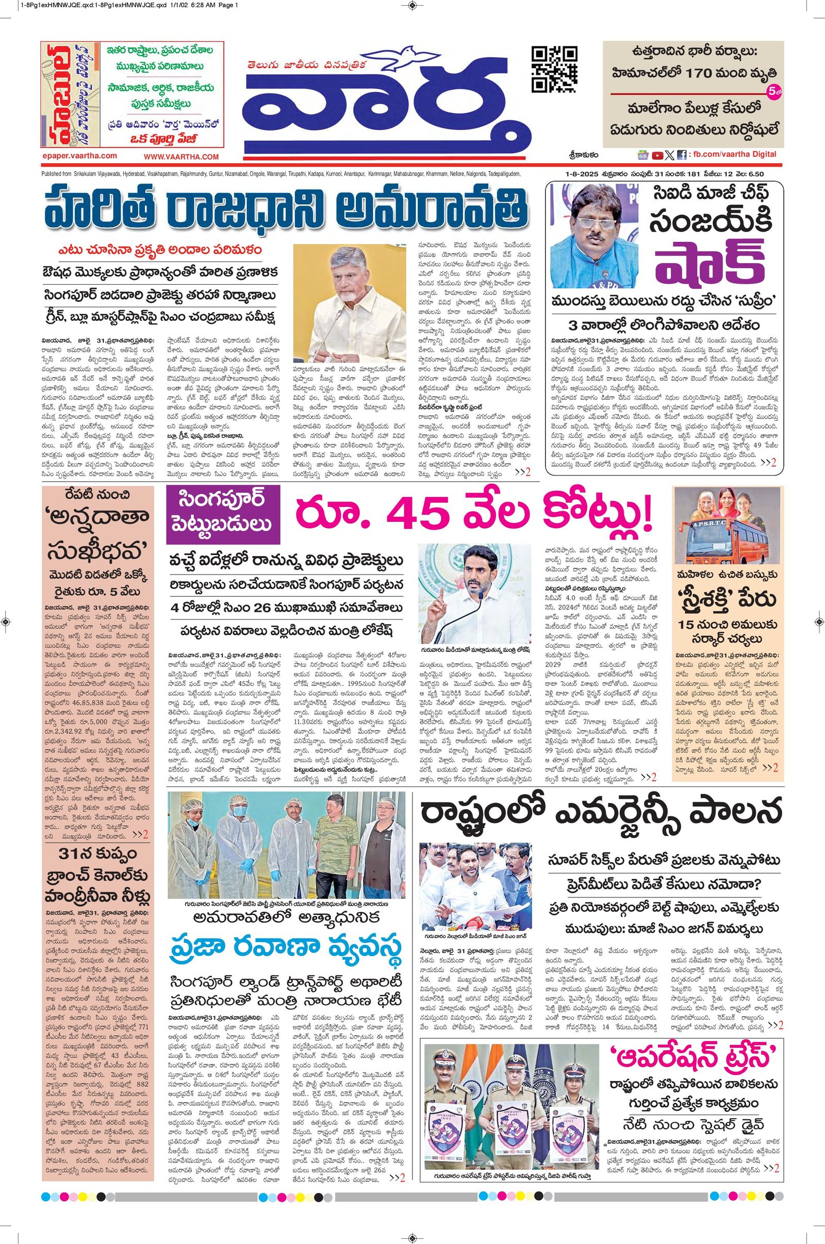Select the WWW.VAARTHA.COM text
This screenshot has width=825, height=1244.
(x=180, y=156)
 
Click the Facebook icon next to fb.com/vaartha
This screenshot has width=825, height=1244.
(x=681, y=155)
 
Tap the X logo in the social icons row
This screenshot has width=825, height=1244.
(x=669, y=155)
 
